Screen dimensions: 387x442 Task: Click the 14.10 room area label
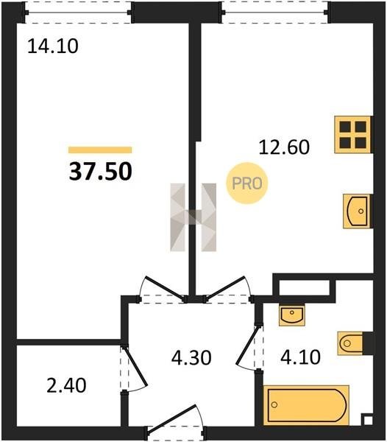pyautogui.click(x=53, y=46)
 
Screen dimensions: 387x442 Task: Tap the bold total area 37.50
pyautogui.click(x=101, y=172)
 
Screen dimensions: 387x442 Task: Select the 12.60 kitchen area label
pyautogui.click(x=284, y=147)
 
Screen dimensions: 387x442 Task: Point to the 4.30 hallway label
pyautogui.click(x=191, y=358)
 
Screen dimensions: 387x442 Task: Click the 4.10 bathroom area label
pyautogui.click(x=300, y=357)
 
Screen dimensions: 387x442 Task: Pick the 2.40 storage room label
pyautogui.click(x=66, y=385)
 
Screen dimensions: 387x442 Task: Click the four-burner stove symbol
pyautogui.click(x=353, y=135)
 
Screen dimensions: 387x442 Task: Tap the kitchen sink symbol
pyautogui.click(x=357, y=211)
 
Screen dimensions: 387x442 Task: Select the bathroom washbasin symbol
pyautogui.click(x=292, y=315)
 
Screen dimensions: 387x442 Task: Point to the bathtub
pyautogui.click(x=306, y=405)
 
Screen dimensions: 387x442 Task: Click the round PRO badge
pyautogui.click(x=247, y=183)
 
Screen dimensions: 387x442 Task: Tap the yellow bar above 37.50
pyautogui.click(x=100, y=150)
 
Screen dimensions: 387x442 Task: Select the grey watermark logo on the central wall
pyautogui.click(x=193, y=217)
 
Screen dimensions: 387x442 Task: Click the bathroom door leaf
pyautogui.click(x=248, y=345)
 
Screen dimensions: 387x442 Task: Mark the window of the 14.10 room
pyautogui.click(x=78, y=13)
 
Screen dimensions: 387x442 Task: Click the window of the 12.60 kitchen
pyautogui.click(x=274, y=13)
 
